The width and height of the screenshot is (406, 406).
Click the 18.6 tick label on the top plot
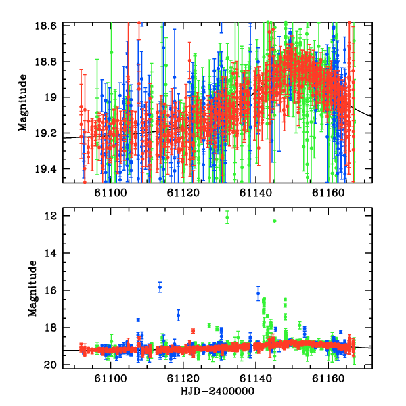45,26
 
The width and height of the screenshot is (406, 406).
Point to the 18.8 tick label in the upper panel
45,62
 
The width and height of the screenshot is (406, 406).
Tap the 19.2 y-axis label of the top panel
45,133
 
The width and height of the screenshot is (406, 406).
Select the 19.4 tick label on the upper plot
45,169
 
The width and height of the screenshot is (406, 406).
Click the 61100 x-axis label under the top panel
110,193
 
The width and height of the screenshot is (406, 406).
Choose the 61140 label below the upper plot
256,193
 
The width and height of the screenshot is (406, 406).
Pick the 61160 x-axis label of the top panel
328,193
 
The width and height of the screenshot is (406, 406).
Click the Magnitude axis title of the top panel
23,103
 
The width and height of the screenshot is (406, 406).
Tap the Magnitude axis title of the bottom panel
32,288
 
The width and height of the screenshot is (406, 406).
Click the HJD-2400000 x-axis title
217,391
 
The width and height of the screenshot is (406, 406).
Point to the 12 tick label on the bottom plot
50,216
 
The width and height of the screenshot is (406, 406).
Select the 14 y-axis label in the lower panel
50,253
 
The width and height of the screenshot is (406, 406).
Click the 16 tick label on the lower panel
50,290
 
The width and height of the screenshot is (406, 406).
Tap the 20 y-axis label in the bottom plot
50,365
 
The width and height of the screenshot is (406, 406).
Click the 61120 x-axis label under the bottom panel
183,378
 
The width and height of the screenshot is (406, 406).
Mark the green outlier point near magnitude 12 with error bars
227,217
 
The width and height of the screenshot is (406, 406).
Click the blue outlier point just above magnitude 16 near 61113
160,287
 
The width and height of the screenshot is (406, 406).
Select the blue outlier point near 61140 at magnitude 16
258,294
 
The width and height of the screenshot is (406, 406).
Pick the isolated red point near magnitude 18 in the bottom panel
193,331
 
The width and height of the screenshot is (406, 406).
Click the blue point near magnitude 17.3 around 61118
179,315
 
